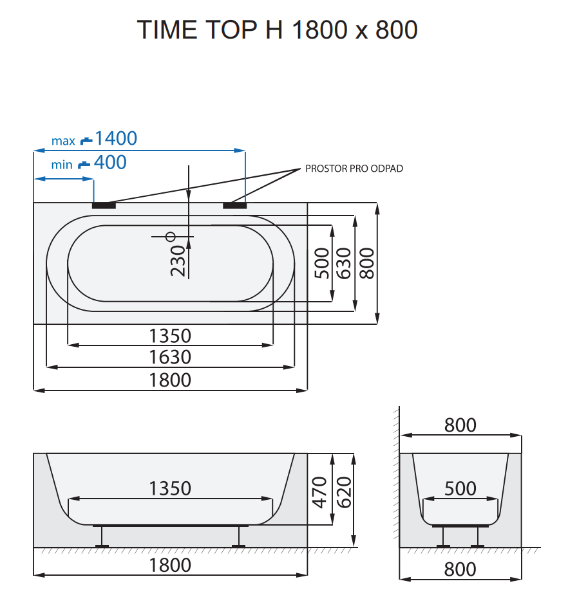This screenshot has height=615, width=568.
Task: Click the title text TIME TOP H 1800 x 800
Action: point(278,30)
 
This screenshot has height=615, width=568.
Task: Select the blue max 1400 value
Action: point(116,138)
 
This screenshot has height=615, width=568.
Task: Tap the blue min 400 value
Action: point(110,163)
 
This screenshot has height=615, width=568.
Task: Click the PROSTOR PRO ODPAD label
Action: point(354,169)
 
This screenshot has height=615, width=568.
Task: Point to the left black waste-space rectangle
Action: point(104,206)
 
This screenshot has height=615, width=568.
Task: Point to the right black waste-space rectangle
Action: point(234,206)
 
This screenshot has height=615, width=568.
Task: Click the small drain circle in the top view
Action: point(171,236)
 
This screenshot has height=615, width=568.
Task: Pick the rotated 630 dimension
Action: point(343,262)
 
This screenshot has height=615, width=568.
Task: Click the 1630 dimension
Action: point(170,357)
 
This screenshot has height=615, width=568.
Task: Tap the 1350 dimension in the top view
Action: point(170,336)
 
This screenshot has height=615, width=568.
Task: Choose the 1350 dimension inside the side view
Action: point(170,488)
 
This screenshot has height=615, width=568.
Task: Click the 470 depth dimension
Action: point(321,492)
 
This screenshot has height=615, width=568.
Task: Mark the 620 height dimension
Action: point(343,492)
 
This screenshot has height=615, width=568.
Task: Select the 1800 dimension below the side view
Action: point(170,565)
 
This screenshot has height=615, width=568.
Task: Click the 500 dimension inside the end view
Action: point(460,489)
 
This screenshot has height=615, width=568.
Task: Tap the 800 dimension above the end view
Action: point(460,425)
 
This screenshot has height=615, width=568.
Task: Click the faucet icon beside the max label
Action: point(86,140)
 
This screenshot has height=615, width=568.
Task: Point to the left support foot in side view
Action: point(102,538)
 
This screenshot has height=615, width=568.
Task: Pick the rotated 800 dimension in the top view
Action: point(366,262)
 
